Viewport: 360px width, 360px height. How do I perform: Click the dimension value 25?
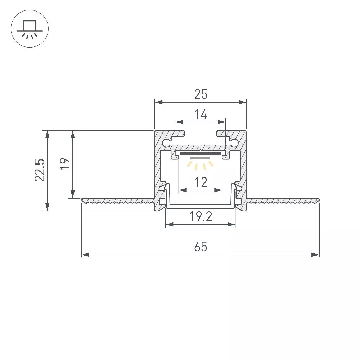point(201,94)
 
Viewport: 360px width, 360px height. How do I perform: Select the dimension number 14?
point(201,114)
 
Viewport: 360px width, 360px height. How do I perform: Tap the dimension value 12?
point(201,182)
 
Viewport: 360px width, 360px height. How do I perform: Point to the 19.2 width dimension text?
point(201,216)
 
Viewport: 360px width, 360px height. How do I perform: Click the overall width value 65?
point(201,247)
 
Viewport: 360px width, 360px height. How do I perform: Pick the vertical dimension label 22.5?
point(40,170)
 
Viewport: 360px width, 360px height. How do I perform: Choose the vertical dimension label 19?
point(65,164)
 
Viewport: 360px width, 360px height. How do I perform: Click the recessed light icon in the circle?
point(30,29)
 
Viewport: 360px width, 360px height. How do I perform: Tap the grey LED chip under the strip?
point(200,158)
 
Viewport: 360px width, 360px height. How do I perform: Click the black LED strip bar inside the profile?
point(200,153)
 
